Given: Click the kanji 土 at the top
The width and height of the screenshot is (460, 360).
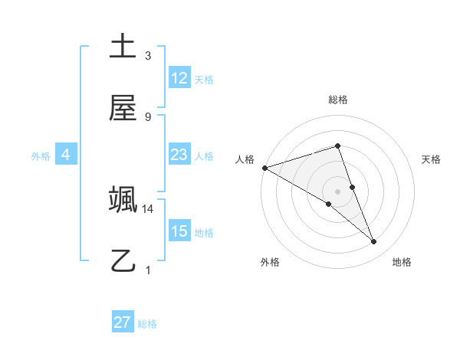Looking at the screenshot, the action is [x=123, y=47].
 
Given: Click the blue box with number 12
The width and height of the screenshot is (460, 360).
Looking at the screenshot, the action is [x=179, y=78].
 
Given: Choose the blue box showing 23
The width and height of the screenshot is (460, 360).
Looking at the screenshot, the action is [x=179, y=155].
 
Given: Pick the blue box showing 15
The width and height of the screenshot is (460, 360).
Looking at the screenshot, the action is [x=179, y=231].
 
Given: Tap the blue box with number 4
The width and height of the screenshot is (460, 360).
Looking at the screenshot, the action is [x=66, y=155].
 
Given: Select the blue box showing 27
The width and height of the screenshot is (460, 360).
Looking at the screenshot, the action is [x=123, y=322].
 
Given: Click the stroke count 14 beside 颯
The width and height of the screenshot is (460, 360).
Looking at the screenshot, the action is [x=148, y=208].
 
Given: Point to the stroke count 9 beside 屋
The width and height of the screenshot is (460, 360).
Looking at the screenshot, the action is [x=148, y=117].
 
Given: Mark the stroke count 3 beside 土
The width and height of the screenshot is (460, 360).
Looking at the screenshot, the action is [x=148, y=56].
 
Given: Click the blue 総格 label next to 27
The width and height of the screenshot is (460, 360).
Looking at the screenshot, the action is [x=147, y=324].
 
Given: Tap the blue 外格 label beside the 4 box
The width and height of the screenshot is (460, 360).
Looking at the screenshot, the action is [x=41, y=156].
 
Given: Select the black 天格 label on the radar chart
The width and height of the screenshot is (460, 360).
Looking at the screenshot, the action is [x=432, y=159].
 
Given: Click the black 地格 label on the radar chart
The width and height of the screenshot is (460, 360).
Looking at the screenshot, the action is [x=402, y=262].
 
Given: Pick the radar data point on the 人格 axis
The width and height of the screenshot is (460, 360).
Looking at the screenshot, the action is [x=264, y=168].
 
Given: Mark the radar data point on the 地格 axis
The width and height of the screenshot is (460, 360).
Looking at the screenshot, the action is [x=374, y=242].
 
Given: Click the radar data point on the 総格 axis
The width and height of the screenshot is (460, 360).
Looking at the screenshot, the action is [x=337, y=146].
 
